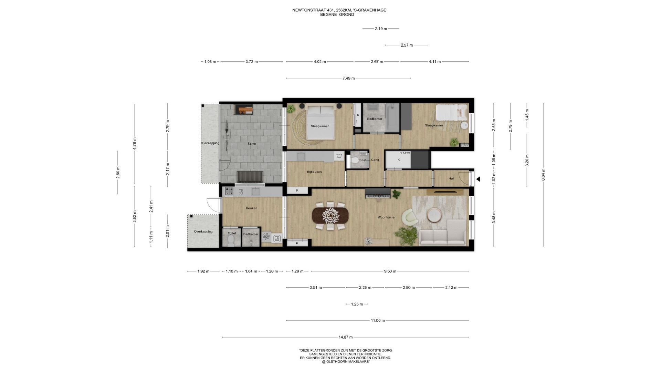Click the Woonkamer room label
(387, 217)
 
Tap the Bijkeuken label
(314, 172)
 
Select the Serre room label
(252, 144)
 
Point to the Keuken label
(251, 208)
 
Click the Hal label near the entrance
(451, 179)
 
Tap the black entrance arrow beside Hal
(478, 179)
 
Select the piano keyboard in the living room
(378, 194)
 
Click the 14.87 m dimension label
(346, 337)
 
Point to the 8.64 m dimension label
(543, 175)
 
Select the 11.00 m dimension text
(378, 321)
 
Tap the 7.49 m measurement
(348, 79)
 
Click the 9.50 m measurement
(390, 271)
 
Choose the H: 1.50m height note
(405, 153)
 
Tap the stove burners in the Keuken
(229, 191)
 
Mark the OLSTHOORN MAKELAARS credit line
(346, 362)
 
